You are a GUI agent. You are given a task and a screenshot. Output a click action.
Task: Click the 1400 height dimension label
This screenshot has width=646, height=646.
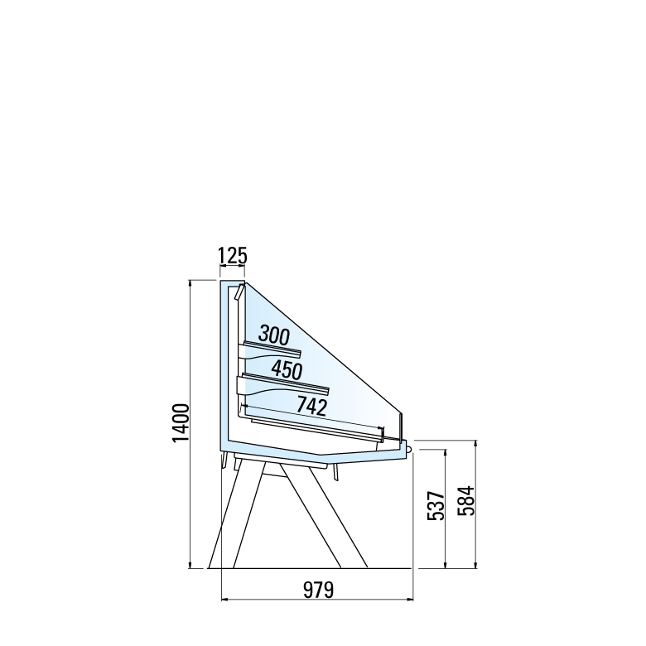coord(181,423)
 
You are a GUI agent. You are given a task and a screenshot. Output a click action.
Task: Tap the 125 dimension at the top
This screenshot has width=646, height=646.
coord(233,256)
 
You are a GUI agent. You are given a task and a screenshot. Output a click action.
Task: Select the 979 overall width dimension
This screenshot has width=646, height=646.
coord(319,590)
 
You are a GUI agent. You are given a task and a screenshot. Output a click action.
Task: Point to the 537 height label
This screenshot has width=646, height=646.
coord(436,506)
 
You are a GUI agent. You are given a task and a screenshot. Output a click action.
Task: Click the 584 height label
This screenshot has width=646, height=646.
coord(467,501)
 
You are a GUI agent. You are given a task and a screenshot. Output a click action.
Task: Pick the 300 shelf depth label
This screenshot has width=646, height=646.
coord(274,335)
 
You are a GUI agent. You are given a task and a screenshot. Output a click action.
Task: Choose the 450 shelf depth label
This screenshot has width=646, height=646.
coord(287,369)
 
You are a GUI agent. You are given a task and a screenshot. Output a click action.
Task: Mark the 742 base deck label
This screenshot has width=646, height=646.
coord(312,406)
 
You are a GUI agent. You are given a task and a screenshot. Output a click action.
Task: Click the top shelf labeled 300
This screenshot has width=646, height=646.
coord(272,349)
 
